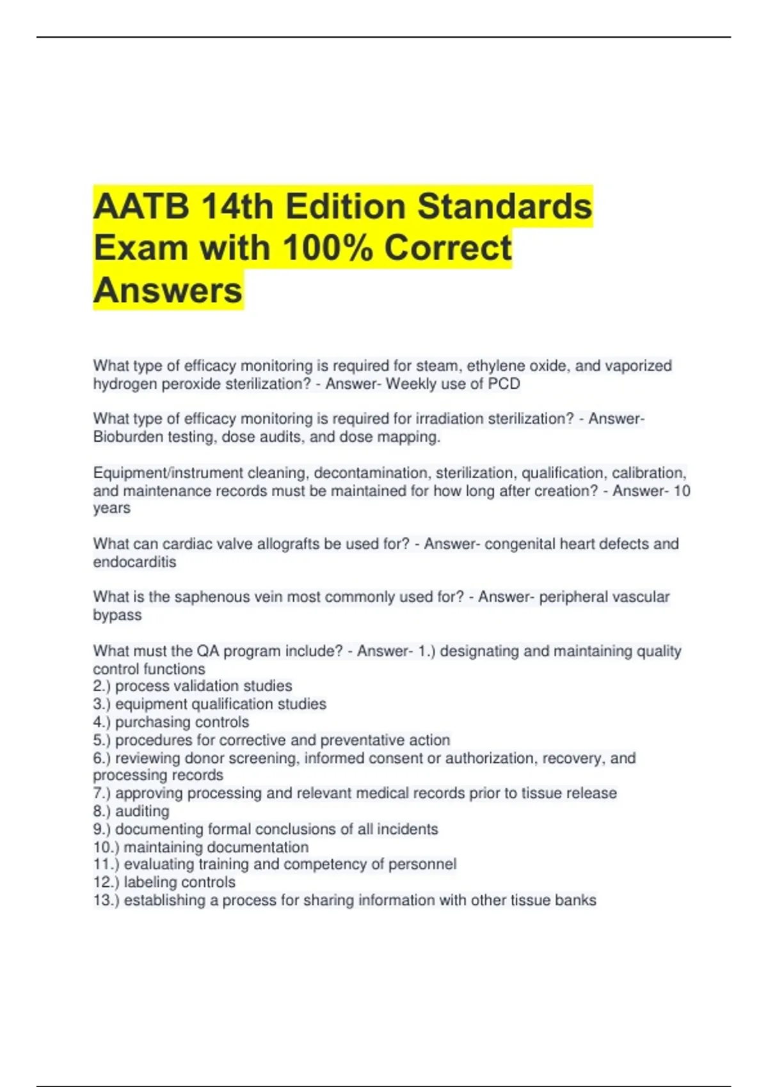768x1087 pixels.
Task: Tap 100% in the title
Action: [x=326, y=248]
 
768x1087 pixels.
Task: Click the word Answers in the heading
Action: [x=168, y=290]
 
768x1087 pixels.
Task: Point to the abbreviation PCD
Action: [x=506, y=384]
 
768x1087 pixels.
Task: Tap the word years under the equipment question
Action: [x=111, y=508]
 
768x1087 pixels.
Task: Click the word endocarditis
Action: [x=134, y=561]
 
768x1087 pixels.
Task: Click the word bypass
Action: [x=117, y=614]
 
